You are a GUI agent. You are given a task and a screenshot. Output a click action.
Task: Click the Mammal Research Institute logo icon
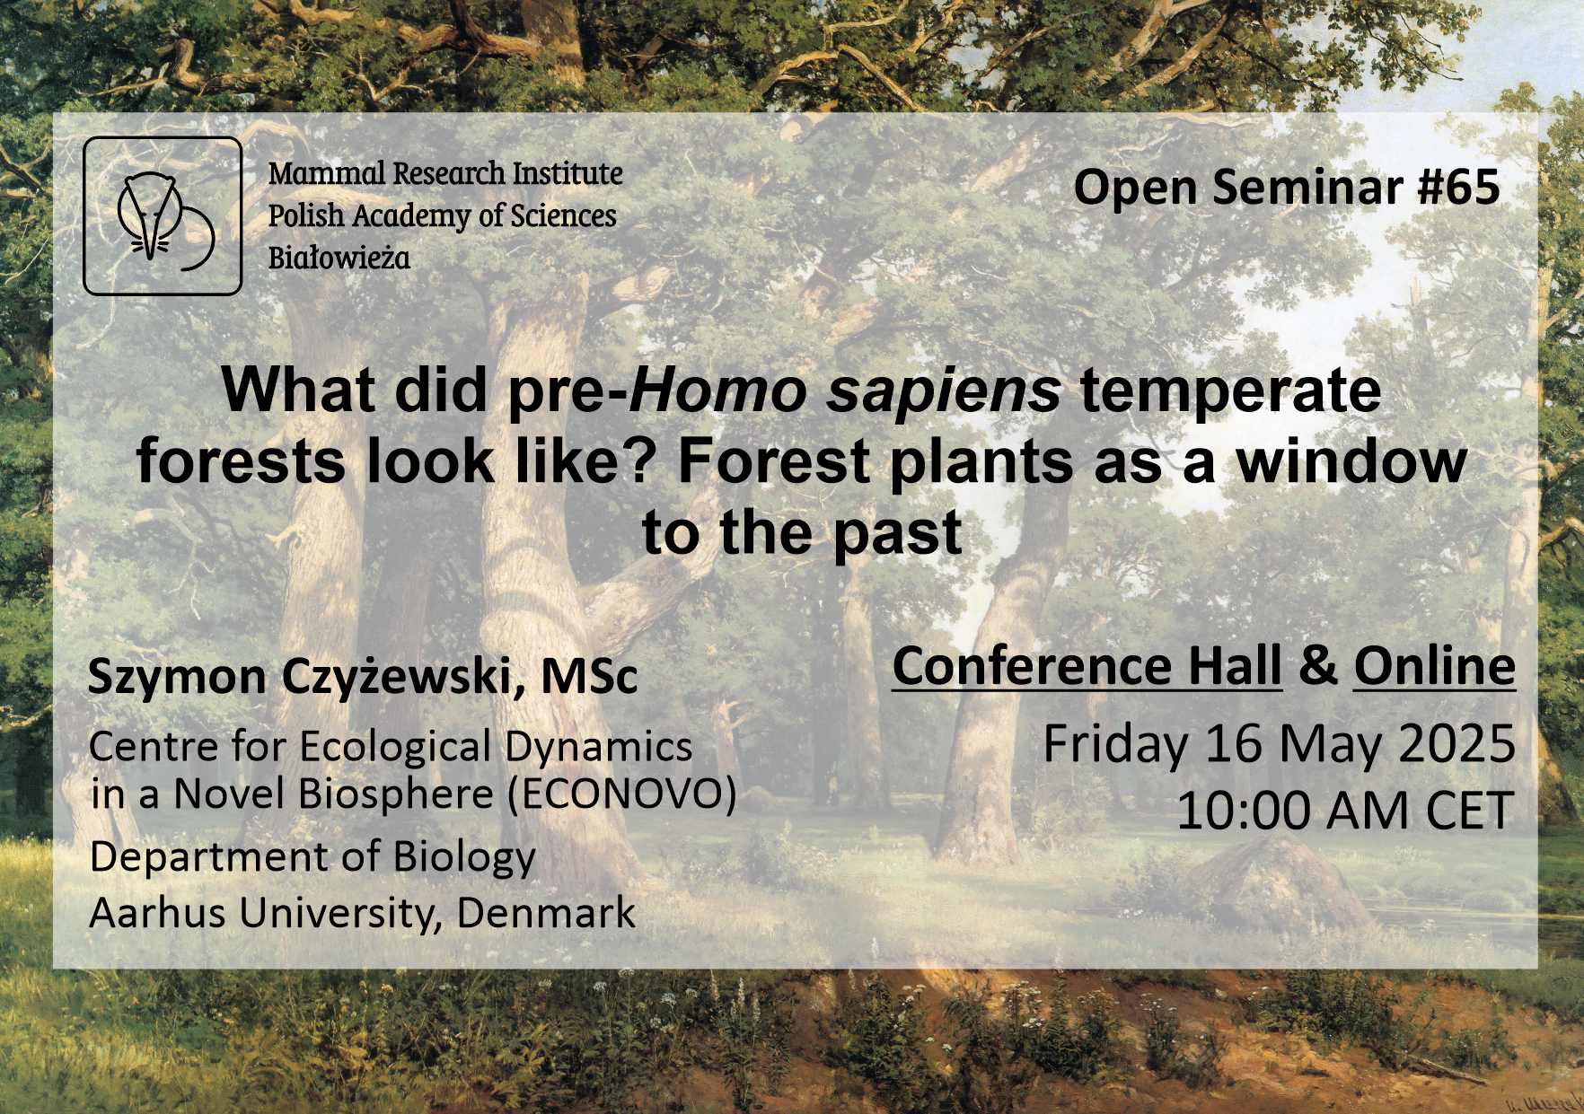pyautogui.click(x=163, y=216)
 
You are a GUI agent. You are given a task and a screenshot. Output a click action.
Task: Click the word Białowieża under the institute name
pyautogui.click(x=339, y=259)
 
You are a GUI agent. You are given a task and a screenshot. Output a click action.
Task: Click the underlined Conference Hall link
pyautogui.click(x=1087, y=667)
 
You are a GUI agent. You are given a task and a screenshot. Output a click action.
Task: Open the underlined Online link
pyautogui.click(x=1435, y=667)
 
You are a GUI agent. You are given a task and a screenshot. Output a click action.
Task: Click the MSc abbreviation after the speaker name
pyautogui.click(x=589, y=677)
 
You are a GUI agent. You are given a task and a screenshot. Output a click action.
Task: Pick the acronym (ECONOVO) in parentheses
pyautogui.click(x=621, y=794)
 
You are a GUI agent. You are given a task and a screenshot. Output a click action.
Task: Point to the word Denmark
pyautogui.click(x=546, y=913)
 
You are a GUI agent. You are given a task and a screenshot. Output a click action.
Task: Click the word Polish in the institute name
pyautogui.click(x=306, y=215)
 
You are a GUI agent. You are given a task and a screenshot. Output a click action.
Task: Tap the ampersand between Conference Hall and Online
pyautogui.click(x=1317, y=666)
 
